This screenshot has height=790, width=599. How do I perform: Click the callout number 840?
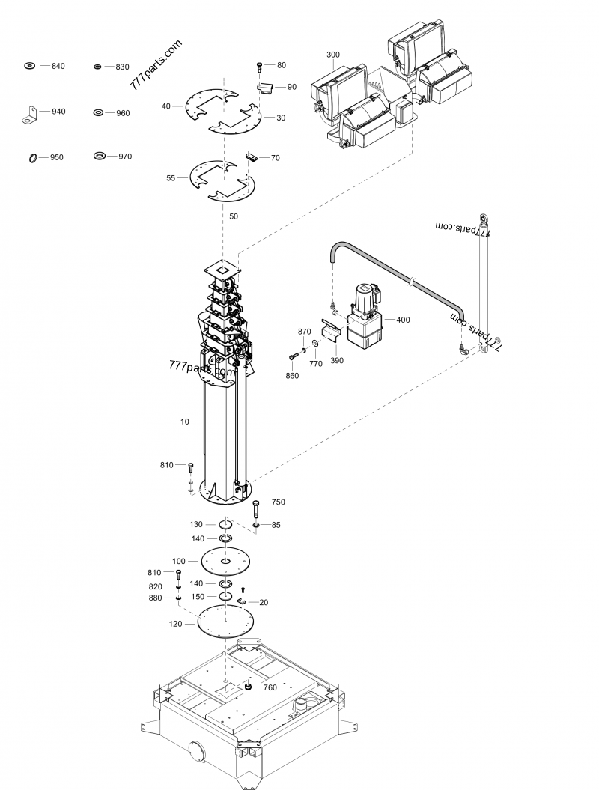click(x=58, y=67)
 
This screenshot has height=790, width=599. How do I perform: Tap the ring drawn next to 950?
click(x=33, y=158)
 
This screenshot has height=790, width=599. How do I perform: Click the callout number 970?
click(x=124, y=157)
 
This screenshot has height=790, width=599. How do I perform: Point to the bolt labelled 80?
click(x=260, y=67)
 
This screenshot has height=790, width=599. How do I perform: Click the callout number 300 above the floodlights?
click(x=333, y=55)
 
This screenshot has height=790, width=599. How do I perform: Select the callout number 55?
click(x=171, y=179)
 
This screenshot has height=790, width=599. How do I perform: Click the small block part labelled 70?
click(x=252, y=157)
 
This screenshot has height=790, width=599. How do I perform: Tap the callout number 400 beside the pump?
click(x=403, y=320)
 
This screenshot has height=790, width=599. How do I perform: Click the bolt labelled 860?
click(x=293, y=356)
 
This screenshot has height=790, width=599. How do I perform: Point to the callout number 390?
click(x=337, y=361)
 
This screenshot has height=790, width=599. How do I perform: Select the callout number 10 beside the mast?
click(x=185, y=422)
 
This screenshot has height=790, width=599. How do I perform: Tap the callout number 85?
click(x=276, y=525)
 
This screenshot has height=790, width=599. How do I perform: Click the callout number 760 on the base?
click(x=267, y=687)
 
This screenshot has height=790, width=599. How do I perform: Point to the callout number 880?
click(x=156, y=598)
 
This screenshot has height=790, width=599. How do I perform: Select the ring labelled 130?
click(x=225, y=526)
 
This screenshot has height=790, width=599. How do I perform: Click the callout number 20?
click(x=264, y=602)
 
